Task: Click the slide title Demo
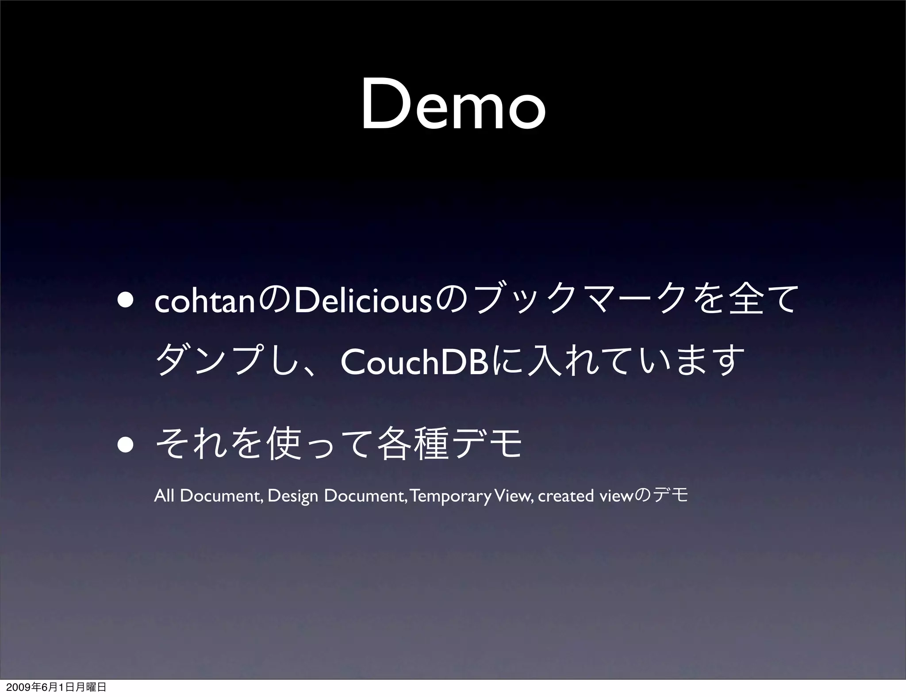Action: pos(453,107)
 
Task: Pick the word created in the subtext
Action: pos(566,496)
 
